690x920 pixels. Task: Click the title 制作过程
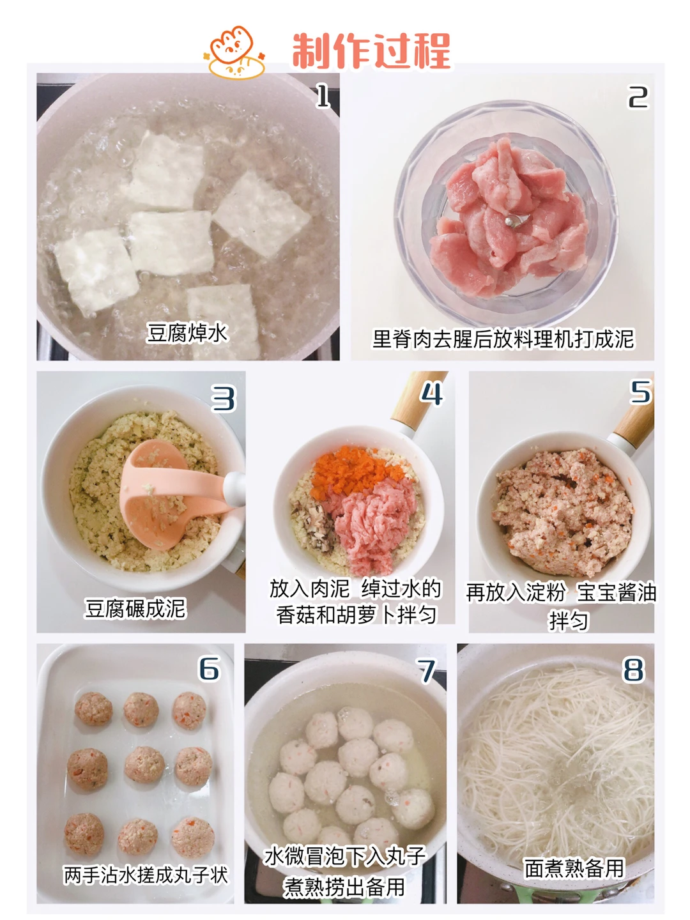pyautogui.click(x=371, y=50)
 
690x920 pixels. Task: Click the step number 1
pyautogui.click(x=323, y=96)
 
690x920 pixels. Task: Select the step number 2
pyautogui.click(x=638, y=97)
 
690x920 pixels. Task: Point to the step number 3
pyautogui.click(x=224, y=399)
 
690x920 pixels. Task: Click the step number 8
pyautogui.click(x=633, y=670)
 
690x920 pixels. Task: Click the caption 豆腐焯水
pyautogui.click(x=187, y=333)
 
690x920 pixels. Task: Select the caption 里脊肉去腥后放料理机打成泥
pyautogui.click(x=503, y=339)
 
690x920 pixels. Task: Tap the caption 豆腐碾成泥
pyautogui.click(x=135, y=608)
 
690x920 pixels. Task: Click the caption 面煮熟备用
pyautogui.click(x=574, y=868)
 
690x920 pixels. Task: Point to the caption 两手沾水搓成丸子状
pyautogui.click(x=146, y=875)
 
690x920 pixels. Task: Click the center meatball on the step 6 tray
pyautogui.click(x=144, y=765)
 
